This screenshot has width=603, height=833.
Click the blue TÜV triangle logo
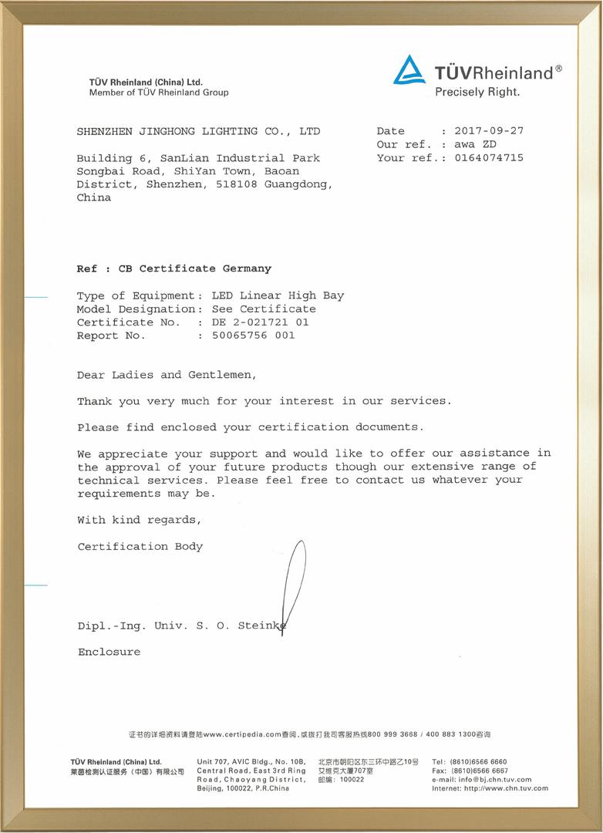pyautogui.click(x=409, y=70)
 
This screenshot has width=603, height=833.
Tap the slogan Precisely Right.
pyautogui.click(x=477, y=92)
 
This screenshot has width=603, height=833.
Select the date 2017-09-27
pyautogui.click(x=489, y=131)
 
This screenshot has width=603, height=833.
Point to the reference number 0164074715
pyautogui.click(x=489, y=158)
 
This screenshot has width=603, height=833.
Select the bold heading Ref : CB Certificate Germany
pyautogui.click(x=174, y=268)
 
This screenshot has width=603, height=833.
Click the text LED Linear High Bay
pyautogui.click(x=278, y=295)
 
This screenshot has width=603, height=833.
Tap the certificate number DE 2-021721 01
pyautogui.click(x=260, y=322)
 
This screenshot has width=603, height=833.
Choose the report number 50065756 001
pyautogui.click(x=253, y=336)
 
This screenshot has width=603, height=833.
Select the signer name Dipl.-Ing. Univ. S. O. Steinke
pyautogui.click(x=182, y=626)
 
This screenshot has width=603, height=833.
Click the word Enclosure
pyautogui.click(x=109, y=652)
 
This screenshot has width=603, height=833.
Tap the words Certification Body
pyautogui.click(x=140, y=547)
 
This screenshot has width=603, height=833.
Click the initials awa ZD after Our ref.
pyautogui.click(x=475, y=144)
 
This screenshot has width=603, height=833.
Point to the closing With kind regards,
pyautogui.click(x=140, y=520)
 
